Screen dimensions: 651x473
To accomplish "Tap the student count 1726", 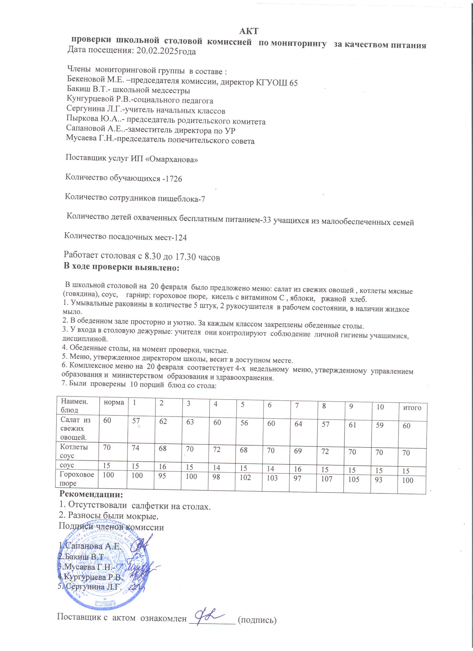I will (x=174, y=179).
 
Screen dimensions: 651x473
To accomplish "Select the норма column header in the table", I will (x=114, y=402).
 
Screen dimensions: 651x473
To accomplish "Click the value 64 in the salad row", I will (x=298, y=424).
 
